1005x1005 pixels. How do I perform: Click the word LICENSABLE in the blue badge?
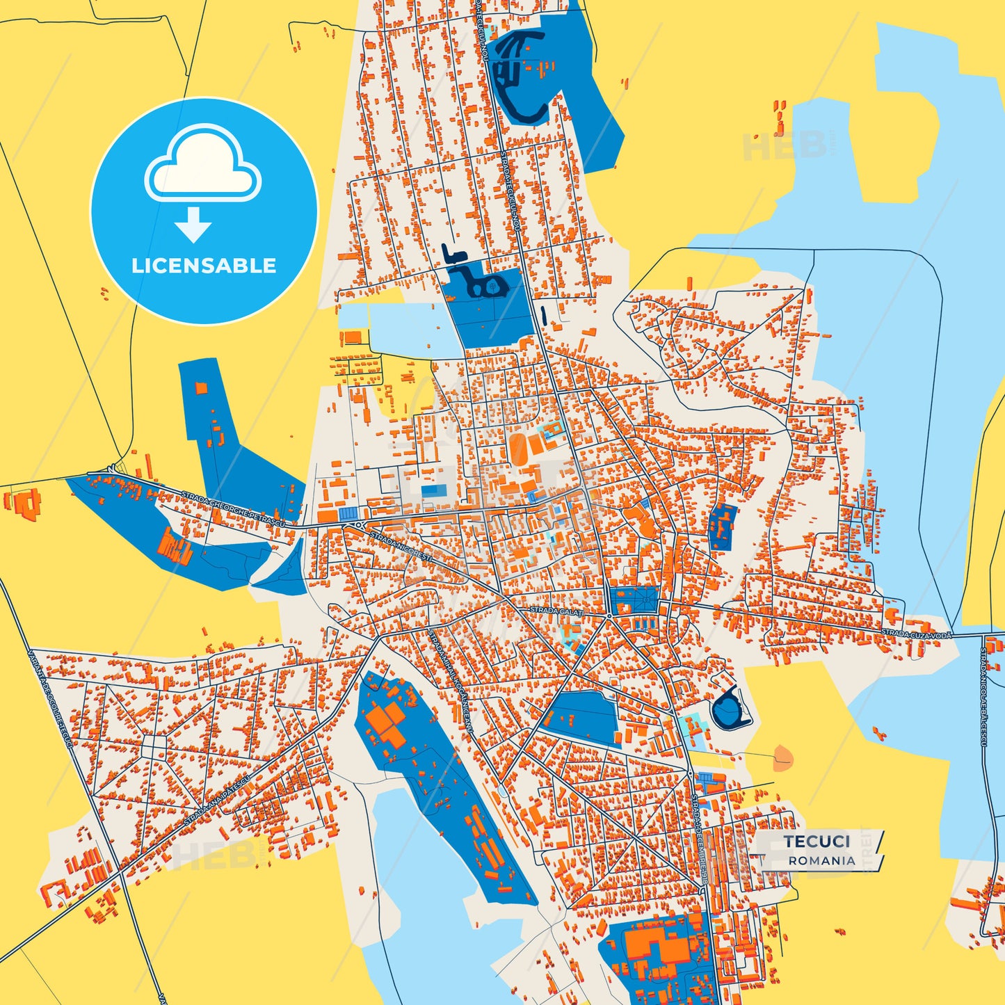point(204,266)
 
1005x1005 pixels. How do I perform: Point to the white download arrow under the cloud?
point(193,225)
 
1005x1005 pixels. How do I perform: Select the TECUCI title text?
point(817,842)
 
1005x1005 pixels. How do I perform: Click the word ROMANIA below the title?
point(821,860)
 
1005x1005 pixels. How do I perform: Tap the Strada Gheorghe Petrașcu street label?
point(239,508)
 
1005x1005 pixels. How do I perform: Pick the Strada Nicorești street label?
point(401,547)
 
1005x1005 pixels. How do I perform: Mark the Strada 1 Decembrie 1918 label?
point(698,842)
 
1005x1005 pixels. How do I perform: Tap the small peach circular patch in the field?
point(782,757)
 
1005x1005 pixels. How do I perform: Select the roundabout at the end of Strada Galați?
point(609,616)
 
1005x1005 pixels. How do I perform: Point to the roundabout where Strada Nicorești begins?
point(359,524)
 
